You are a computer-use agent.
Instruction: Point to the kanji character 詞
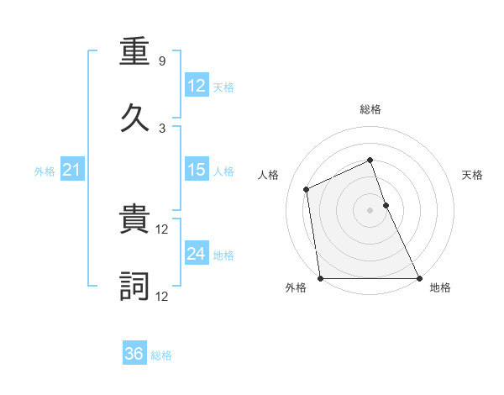(135, 287)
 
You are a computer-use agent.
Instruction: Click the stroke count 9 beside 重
(161, 61)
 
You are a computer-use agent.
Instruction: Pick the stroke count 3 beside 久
(161, 128)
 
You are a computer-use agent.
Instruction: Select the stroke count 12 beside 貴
(163, 229)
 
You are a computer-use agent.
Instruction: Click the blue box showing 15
(196, 170)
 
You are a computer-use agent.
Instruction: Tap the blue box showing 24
(196, 254)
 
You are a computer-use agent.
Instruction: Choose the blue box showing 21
(71, 171)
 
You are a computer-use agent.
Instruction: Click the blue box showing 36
(134, 354)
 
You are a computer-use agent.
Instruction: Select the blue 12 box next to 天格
(196, 86)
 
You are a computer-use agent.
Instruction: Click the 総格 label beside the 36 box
(162, 355)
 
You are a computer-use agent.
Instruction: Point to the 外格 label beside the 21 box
(45, 171)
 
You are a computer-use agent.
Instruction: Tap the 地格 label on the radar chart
(440, 287)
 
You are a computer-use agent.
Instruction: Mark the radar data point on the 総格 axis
(370, 160)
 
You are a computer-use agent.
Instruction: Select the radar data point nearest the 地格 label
(418, 278)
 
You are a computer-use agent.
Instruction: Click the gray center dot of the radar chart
(370, 210)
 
